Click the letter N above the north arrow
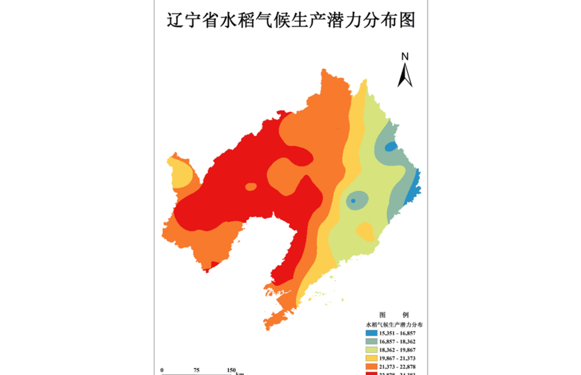pos(405,56)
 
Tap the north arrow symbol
pos(405,75)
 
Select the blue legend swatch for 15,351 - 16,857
pos(371,333)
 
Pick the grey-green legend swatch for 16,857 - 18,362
pos(371,342)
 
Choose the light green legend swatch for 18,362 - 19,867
pos(371,350)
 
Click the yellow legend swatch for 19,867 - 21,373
pos(371,359)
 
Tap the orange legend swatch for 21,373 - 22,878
pos(371,367)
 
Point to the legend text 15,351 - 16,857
pos(397,333)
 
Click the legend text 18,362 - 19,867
pos(397,350)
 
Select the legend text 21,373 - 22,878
pos(397,367)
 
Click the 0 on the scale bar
pos(163,370)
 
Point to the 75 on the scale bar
pos(196,370)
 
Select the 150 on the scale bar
pos(231,370)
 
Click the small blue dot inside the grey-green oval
pos(353,200)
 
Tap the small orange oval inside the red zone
pos(251,186)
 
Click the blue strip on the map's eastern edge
pos(413,185)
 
